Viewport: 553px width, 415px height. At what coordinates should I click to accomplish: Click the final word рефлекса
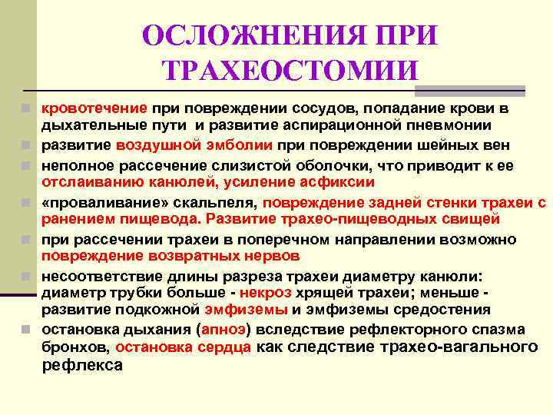81,366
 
